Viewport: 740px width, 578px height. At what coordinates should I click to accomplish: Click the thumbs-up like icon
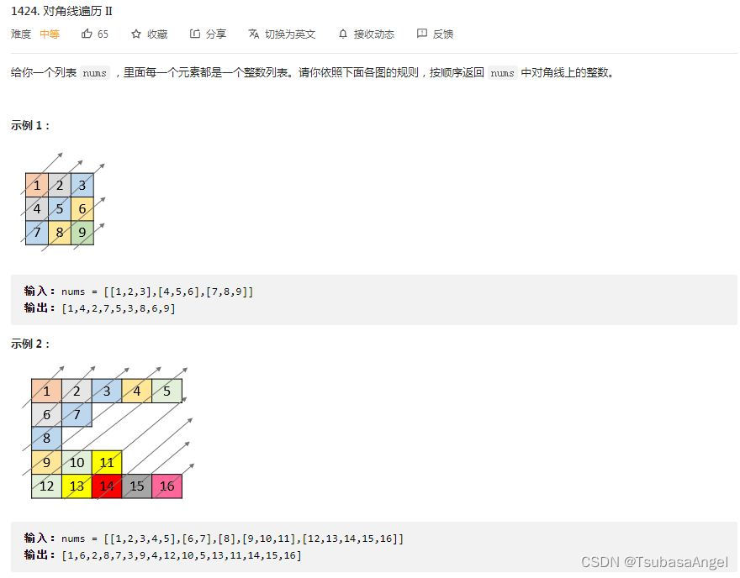click(87, 34)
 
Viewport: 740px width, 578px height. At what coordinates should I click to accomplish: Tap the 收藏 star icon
click(136, 34)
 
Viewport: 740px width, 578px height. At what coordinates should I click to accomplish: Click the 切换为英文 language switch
click(282, 34)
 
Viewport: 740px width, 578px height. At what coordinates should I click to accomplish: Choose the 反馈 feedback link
click(435, 34)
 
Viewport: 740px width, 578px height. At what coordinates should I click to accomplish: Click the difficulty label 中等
click(50, 34)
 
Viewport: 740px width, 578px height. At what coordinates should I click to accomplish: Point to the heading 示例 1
click(30, 125)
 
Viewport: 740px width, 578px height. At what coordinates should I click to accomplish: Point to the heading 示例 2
click(30, 344)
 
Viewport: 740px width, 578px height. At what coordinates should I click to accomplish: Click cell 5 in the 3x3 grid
click(59, 209)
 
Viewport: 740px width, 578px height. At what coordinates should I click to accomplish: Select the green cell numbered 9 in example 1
click(82, 233)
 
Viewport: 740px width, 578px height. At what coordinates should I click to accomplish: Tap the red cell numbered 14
click(107, 486)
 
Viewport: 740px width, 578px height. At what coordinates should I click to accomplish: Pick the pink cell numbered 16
click(166, 486)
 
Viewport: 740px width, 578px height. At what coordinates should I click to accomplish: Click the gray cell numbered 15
click(137, 486)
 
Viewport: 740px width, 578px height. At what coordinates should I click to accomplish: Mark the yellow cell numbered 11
click(107, 462)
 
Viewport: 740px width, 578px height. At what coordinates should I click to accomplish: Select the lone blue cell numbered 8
click(46, 438)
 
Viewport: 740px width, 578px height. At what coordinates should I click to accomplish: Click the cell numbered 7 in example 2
click(77, 414)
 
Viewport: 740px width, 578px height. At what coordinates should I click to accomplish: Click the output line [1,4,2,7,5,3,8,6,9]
click(118, 308)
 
